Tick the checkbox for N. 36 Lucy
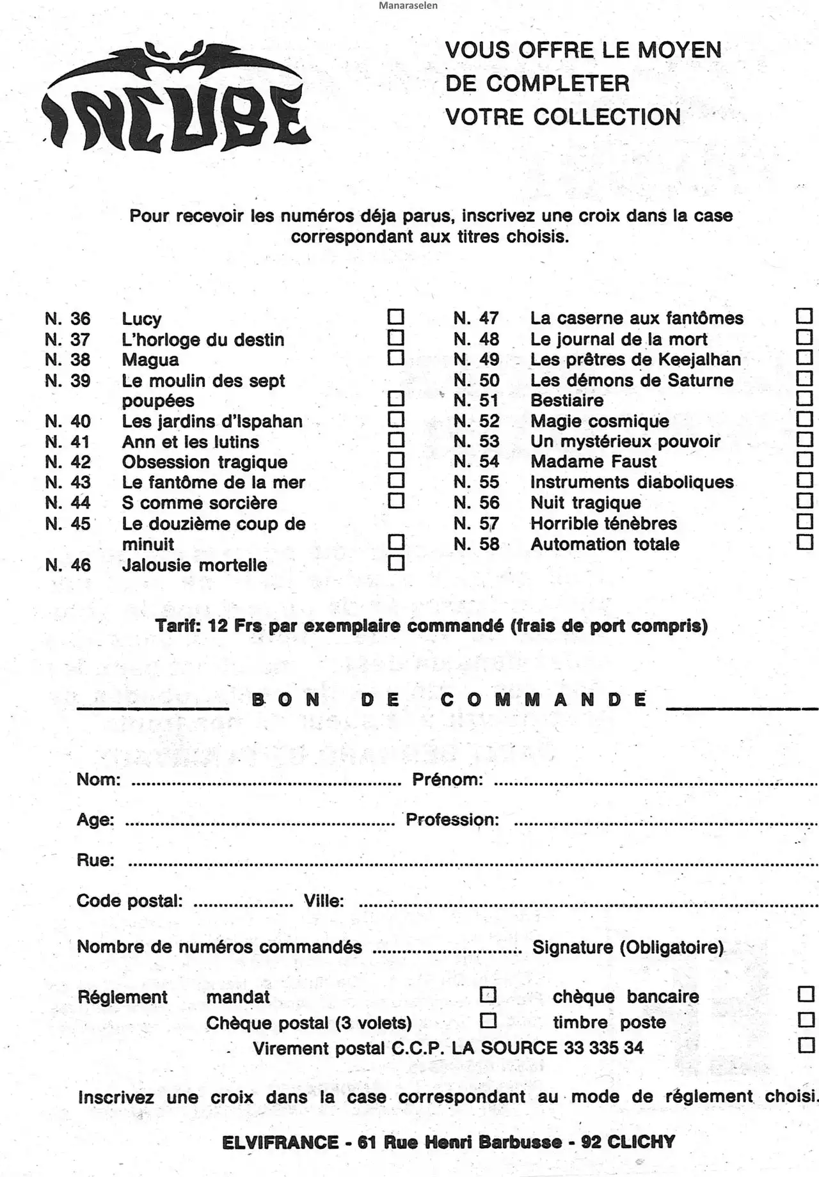coord(396,317)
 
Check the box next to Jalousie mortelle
coord(397,563)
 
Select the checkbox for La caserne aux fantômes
coord(804,316)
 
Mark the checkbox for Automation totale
coord(805,542)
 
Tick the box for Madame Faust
coord(805,460)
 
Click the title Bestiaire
coord(567,401)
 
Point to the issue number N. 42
coord(68,462)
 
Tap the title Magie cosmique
coord(600,422)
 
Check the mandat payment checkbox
coord(488,995)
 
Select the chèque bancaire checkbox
coord(806,994)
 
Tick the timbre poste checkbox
coord(806,1020)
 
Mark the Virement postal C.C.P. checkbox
coord(806,1045)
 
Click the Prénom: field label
coord(447,780)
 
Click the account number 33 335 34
coord(603,1048)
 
